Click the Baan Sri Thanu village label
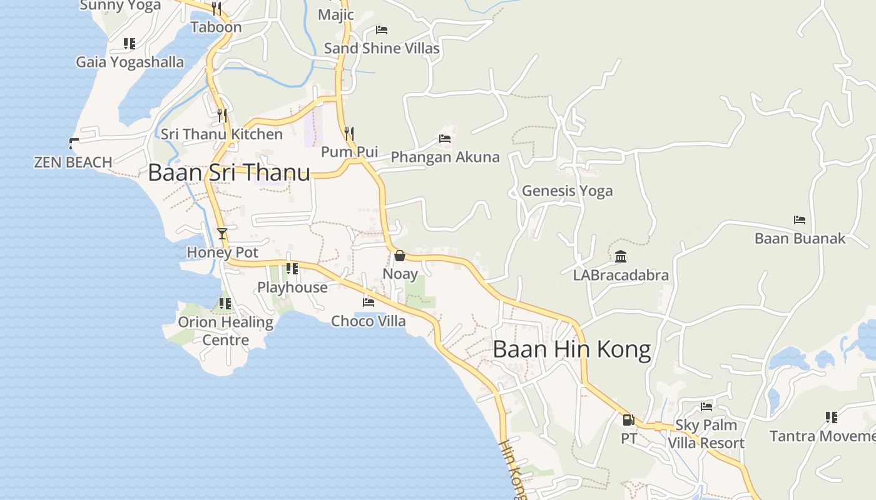click(x=229, y=172)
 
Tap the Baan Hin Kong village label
click(x=572, y=349)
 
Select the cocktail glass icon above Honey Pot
click(x=222, y=234)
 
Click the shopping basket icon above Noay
click(x=400, y=256)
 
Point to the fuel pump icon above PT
click(x=628, y=420)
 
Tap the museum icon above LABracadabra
click(x=621, y=256)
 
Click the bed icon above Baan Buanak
click(x=800, y=220)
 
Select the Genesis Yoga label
click(x=568, y=191)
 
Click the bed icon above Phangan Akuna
click(x=445, y=139)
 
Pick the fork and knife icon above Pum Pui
click(x=349, y=133)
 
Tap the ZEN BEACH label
click(x=73, y=162)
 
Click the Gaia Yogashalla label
click(x=130, y=62)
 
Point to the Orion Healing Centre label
click(x=225, y=331)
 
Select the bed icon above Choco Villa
click(x=369, y=302)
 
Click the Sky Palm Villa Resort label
click(x=706, y=434)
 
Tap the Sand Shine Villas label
click(x=382, y=48)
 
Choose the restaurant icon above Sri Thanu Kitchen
click(x=222, y=116)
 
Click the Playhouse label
click(x=292, y=287)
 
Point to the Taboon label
click(x=216, y=27)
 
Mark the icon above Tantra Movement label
click(x=831, y=417)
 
